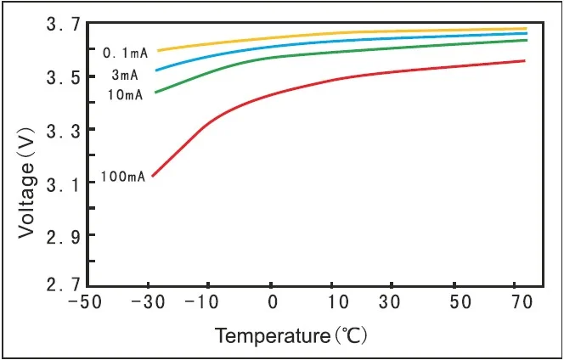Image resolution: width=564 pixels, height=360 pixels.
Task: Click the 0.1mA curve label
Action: pos(126,53)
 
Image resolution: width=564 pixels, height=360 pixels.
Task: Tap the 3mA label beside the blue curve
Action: pos(127,75)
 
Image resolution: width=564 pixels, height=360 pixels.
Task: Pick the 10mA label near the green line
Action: pos(125,94)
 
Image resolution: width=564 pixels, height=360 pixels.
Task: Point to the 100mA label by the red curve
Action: pos(123,177)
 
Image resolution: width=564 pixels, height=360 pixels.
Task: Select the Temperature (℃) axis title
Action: pos(290,335)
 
